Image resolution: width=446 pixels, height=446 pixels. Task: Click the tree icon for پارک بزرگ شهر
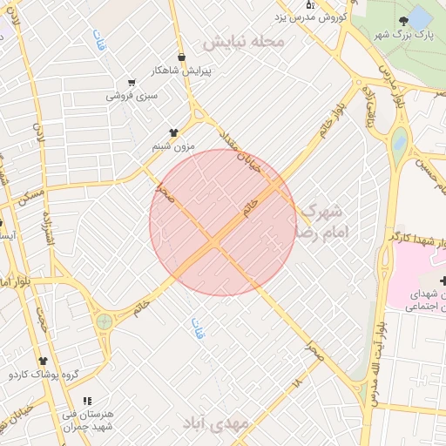point(402,20)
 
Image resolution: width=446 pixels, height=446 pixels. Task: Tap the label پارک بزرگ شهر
point(402,34)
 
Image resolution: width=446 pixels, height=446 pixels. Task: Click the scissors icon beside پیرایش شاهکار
point(181,53)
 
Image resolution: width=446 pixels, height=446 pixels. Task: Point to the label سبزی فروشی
point(132,95)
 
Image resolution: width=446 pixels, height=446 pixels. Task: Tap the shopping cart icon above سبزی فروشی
point(132,83)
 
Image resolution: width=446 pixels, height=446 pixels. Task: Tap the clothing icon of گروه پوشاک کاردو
point(42,361)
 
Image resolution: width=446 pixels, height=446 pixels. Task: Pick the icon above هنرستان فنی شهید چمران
point(86,402)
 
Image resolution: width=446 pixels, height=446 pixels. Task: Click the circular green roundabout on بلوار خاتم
point(105,321)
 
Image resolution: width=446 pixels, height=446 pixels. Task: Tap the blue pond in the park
point(419,17)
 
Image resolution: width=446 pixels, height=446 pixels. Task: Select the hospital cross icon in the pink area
point(443,280)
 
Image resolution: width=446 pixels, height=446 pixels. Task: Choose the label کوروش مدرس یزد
point(311,17)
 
